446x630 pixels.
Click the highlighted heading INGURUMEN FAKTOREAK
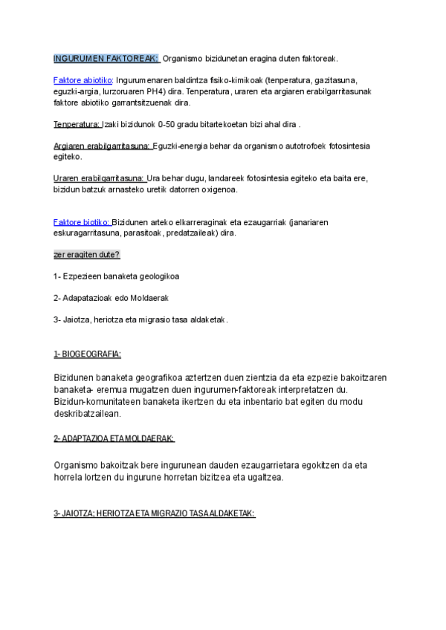(106, 58)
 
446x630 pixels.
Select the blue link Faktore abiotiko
(83, 80)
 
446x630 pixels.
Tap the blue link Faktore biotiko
(82, 222)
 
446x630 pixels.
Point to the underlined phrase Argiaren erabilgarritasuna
(102, 146)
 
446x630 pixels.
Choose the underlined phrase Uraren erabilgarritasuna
(99, 178)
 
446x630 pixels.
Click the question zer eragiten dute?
(86, 255)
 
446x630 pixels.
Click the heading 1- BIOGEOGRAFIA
(87, 353)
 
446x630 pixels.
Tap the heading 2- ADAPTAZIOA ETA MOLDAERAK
(114, 439)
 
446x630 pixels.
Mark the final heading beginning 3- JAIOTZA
(154, 513)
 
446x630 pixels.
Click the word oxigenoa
(218, 189)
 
